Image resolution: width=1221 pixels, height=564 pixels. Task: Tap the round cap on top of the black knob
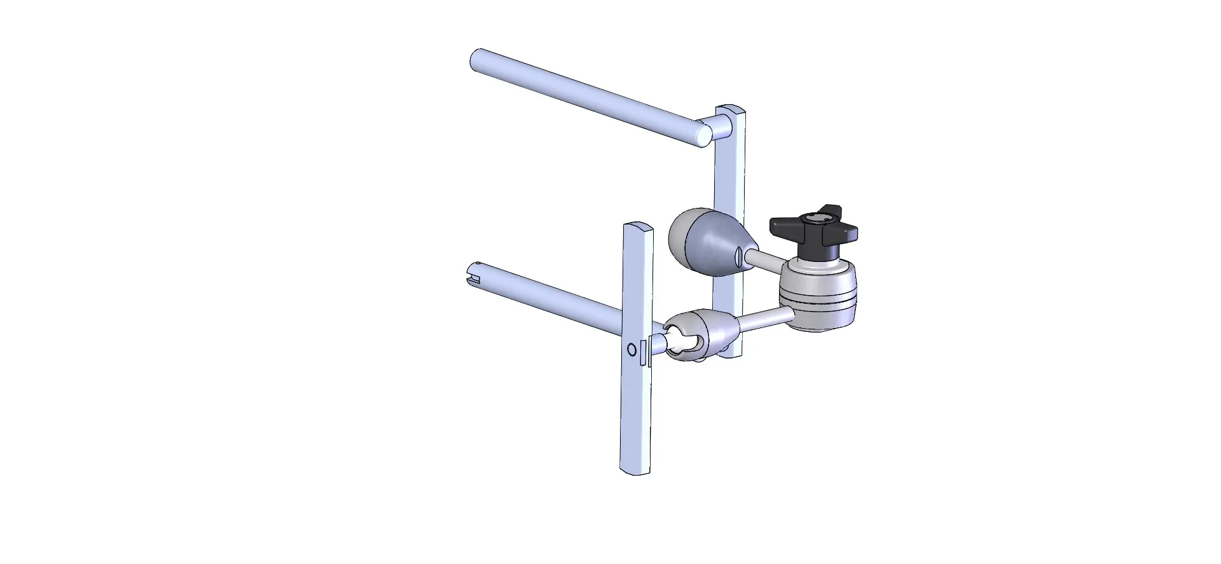tap(814, 220)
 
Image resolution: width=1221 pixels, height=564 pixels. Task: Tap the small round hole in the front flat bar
tap(631, 349)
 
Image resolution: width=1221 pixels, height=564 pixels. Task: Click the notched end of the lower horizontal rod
tap(474, 275)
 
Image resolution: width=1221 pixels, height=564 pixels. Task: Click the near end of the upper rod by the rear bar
tap(703, 135)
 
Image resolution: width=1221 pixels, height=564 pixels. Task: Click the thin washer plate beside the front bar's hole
tap(645, 352)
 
